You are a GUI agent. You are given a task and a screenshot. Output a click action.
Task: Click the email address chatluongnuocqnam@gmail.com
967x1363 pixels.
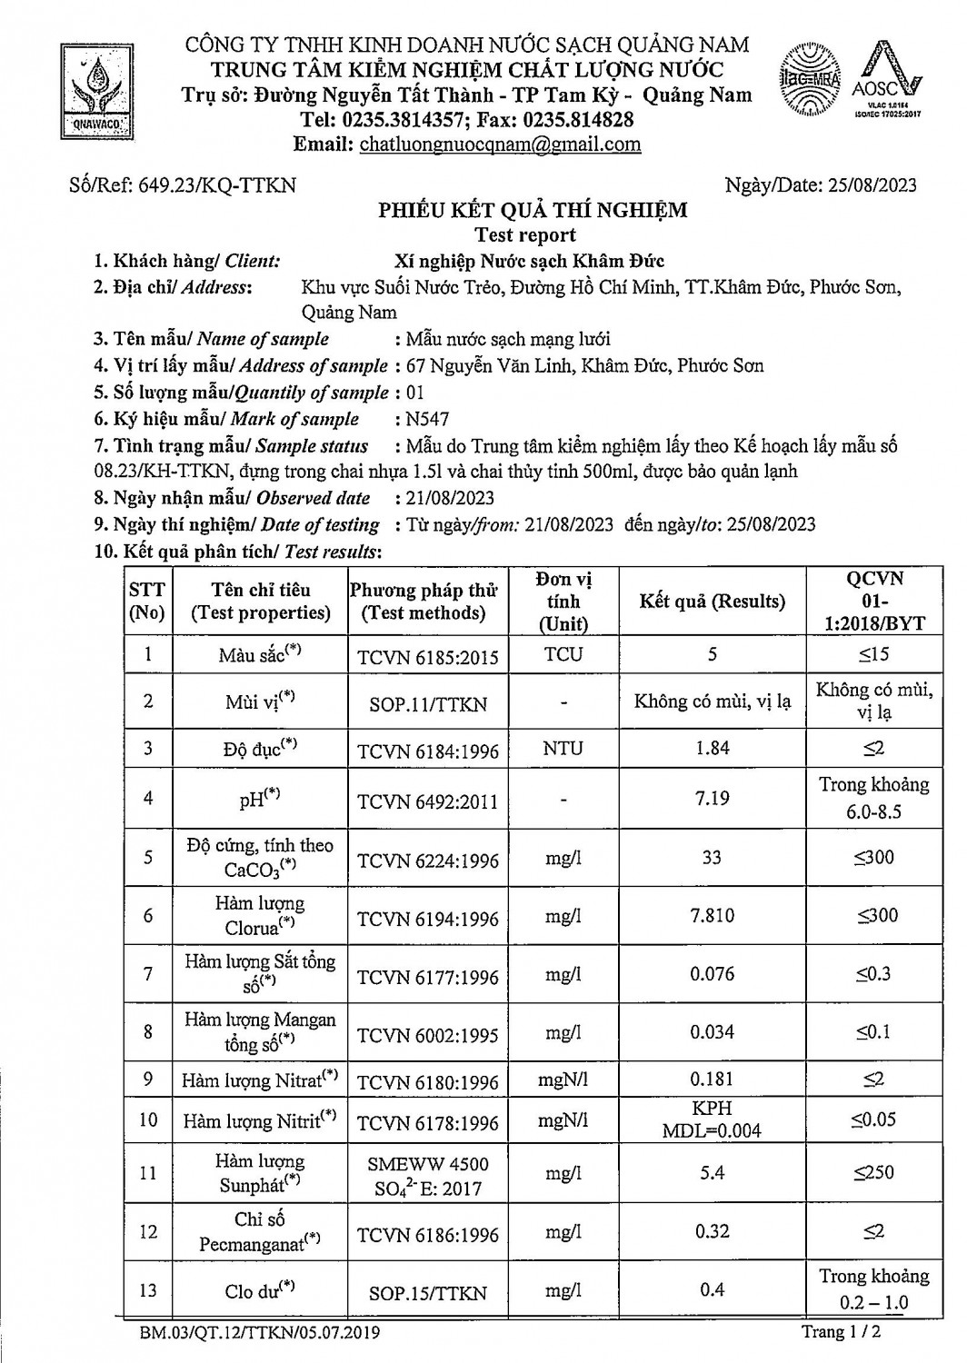click(x=500, y=144)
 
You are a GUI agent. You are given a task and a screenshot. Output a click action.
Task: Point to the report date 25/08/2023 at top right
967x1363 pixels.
click(x=872, y=185)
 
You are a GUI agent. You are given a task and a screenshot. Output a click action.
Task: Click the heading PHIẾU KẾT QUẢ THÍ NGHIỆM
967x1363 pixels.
click(x=533, y=211)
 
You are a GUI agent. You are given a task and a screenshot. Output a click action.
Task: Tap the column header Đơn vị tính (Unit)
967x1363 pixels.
click(x=563, y=602)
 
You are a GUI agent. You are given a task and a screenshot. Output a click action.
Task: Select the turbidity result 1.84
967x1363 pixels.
click(x=713, y=748)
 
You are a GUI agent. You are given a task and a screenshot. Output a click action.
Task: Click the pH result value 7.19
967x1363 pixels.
click(x=713, y=798)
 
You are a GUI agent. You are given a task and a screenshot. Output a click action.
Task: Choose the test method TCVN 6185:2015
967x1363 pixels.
click(x=428, y=657)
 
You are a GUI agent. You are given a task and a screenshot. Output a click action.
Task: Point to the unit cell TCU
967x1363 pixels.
click(x=563, y=654)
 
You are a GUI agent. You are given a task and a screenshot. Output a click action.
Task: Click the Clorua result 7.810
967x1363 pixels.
click(x=713, y=915)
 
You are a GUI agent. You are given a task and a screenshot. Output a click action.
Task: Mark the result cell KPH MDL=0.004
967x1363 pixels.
click(x=713, y=1120)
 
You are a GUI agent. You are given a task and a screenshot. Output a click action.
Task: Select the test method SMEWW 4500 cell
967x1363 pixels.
click(x=428, y=1176)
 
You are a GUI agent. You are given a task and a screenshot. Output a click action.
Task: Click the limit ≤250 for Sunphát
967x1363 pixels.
click(x=873, y=1172)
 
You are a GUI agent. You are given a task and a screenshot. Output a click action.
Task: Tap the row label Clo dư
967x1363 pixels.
click(x=260, y=1290)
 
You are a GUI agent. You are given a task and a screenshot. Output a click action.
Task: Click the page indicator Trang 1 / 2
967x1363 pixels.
click(x=841, y=1332)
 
